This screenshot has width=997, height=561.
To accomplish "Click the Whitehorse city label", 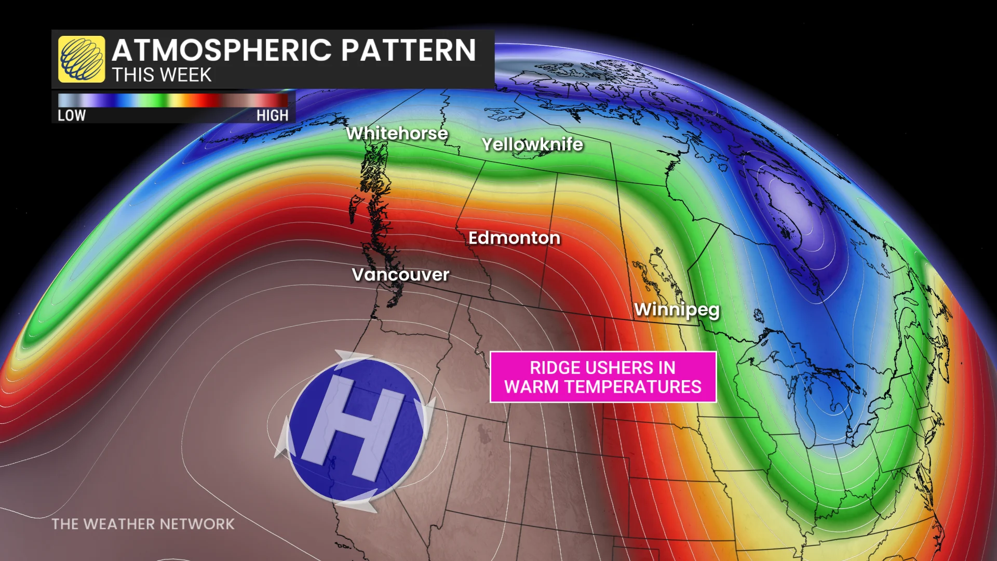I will [397, 133].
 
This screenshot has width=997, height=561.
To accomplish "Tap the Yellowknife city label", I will [532, 144].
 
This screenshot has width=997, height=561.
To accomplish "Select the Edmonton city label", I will [514, 238].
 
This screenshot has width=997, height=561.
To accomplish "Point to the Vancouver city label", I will [400, 274].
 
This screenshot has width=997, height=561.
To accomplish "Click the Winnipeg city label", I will [677, 310].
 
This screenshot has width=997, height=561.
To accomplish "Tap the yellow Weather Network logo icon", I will [82, 59].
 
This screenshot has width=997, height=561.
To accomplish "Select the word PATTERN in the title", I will [408, 50].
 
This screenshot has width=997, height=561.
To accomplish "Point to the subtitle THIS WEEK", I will [161, 75].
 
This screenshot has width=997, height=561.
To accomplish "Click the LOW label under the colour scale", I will [72, 115].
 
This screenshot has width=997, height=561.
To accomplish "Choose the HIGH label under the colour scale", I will [272, 115].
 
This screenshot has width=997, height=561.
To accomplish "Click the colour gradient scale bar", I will [173, 100].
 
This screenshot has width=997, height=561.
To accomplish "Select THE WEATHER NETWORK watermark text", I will [143, 524].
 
